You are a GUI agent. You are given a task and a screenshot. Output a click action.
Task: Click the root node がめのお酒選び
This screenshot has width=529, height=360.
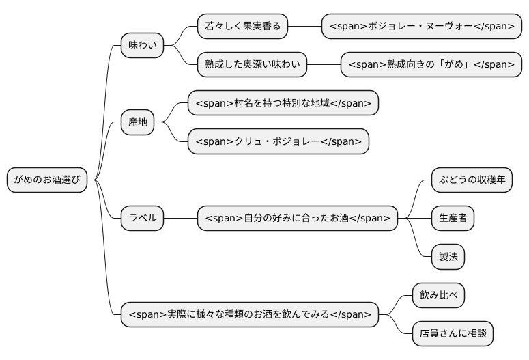pyautogui.click(x=47, y=180)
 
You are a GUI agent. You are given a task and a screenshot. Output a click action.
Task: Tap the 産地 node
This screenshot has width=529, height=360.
pyautogui.click(x=137, y=122)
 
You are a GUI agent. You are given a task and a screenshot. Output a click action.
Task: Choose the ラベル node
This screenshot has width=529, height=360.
pyautogui.click(x=142, y=219)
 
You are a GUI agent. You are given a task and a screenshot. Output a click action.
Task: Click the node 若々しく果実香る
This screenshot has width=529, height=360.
pyautogui.click(x=242, y=27)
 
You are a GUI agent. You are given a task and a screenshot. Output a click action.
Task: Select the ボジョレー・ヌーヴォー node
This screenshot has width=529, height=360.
pyautogui.click(x=421, y=27)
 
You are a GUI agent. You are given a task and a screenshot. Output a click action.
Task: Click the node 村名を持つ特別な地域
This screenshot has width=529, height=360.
pyautogui.click(x=283, y=103)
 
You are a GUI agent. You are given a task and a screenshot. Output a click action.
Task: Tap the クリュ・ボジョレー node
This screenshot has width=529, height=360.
pyautogui.click(x=278, y=141)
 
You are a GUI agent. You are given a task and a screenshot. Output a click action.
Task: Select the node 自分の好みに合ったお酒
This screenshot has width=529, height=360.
pyautogui.click(x=298, y=219)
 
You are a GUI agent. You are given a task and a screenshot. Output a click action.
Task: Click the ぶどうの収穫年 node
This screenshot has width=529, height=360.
pyautogui.click(x=472, y=180)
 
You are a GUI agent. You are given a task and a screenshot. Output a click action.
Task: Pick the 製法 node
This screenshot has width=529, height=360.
pyautogui.click(x=448, y=257)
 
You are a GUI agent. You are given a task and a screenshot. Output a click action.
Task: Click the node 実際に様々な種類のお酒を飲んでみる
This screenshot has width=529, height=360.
pyautogui.click(x=249, y=315)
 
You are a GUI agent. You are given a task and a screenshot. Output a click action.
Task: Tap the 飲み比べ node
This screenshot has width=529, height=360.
pyautogui.click(x=438, y=296)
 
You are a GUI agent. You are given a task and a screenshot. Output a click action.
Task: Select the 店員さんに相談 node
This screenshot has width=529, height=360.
pyautogui.click(x=453, y=334)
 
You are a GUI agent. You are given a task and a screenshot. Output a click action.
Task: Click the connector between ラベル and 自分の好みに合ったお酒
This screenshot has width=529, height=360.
pyautogui.click(x=180, y=219)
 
